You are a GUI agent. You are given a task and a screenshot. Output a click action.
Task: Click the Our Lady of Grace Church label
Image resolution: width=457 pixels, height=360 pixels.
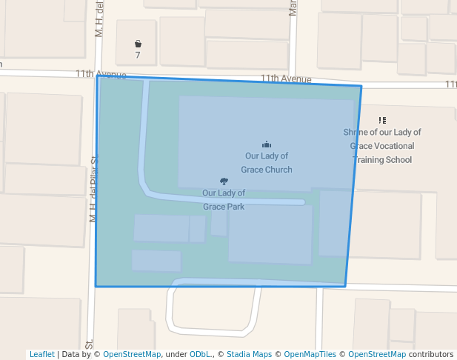point(267,163)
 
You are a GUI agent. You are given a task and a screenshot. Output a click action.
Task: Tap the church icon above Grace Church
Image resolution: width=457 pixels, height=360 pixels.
point(267,144)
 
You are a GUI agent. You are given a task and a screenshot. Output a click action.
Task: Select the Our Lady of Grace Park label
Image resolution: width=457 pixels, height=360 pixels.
point(224,200)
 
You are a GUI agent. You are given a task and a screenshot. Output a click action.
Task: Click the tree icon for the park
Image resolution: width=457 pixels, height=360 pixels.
point(224,181)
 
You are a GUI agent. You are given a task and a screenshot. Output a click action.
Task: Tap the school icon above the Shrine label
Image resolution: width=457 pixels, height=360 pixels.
point(382,120)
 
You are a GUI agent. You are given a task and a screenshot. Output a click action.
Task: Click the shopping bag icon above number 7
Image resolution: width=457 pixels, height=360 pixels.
point(138,44)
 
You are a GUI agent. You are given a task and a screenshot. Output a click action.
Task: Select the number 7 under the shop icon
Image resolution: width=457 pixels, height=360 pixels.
point(138,56)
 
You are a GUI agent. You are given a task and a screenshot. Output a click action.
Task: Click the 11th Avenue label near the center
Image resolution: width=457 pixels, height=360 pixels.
point(285,79)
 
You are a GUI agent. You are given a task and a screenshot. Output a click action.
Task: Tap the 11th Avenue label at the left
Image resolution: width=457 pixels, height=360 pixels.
point(101,74)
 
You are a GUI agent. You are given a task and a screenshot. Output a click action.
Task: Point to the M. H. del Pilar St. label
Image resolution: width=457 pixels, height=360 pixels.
point(94,190)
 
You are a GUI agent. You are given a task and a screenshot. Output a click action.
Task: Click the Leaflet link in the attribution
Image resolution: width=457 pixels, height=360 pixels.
point(42,354)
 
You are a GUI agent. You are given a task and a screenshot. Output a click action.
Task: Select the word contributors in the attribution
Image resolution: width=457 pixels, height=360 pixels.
point(431,354)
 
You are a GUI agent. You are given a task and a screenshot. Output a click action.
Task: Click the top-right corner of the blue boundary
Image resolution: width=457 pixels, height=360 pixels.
point(361,87)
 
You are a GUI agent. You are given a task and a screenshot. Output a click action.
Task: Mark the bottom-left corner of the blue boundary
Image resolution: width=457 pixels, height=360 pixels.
point(96,286)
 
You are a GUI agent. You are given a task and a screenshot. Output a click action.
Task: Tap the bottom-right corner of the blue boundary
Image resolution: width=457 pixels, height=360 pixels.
point(345,287)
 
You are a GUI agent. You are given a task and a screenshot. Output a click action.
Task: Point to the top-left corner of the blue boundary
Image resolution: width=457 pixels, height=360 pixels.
point(98,76)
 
